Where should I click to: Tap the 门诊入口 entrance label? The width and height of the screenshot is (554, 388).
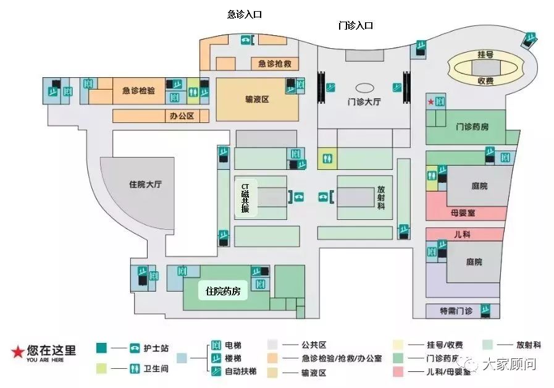point(356,25)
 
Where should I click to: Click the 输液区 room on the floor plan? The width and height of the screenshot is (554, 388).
point(257,99)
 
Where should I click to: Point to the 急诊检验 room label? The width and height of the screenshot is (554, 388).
point(138,91)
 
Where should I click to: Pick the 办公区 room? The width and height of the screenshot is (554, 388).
point(182,116)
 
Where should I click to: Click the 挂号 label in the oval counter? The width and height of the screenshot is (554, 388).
point(485,55)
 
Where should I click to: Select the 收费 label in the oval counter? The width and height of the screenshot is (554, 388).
point(485,80)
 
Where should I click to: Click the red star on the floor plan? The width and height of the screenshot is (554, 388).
point(430,101)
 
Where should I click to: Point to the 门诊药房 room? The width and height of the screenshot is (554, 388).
point(472,127)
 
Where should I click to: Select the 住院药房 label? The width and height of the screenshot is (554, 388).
point(222,291)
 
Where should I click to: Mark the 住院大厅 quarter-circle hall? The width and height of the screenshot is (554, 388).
point(145,185)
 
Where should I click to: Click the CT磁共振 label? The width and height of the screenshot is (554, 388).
point(245,198)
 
